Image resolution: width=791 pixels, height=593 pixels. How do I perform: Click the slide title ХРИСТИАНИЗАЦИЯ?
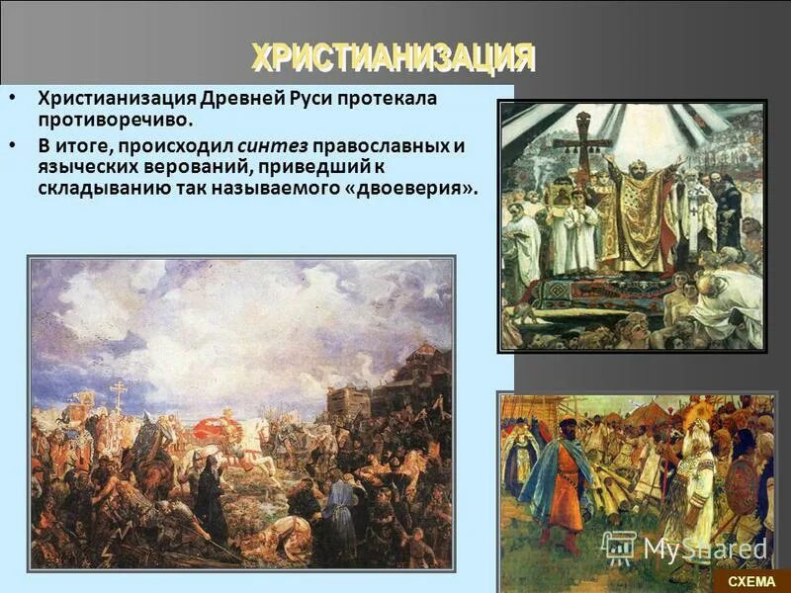click(393, 57)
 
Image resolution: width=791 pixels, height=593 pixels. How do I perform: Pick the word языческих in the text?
click(83, 167)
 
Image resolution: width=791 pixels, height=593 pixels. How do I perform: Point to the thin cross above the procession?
click(119, 395)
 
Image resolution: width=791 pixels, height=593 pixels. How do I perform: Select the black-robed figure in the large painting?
click(210, 504)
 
